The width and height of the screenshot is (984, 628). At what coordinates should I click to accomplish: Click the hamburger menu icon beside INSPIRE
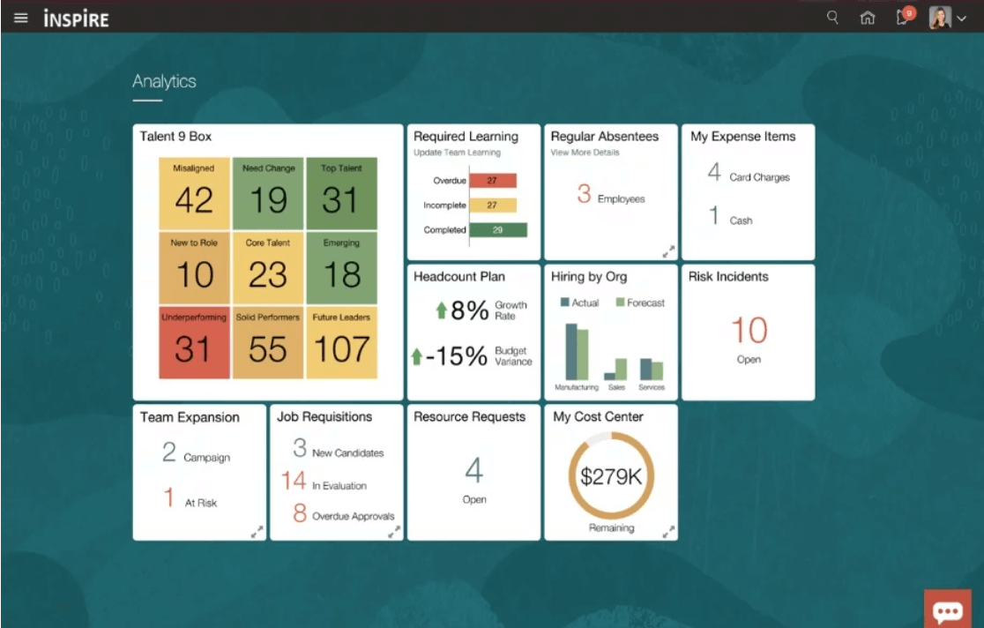click(21, 18)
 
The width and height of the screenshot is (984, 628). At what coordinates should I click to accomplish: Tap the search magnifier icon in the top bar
click(832, 17)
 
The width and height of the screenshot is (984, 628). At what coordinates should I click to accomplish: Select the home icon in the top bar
click(868, 18)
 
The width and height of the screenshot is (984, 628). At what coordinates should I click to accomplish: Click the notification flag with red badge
click(904, 17)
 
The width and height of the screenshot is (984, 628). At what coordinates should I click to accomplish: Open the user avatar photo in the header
click(940, 18)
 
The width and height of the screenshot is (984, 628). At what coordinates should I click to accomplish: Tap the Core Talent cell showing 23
click(268, 268)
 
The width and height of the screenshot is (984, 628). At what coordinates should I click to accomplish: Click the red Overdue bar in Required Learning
click(492, 181)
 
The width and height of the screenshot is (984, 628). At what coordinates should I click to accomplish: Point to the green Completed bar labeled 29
click(498, 230)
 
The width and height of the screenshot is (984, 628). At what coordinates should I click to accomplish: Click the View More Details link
click(585, 153)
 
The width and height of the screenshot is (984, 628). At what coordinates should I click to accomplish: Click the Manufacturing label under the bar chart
click(576, 387)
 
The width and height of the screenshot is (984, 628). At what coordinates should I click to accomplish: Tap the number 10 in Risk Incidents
click(749, 332)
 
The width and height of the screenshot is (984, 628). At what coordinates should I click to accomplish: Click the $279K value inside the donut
click(611, 477)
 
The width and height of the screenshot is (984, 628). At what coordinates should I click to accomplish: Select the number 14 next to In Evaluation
click(294, 482)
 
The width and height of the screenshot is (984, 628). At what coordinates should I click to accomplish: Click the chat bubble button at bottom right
click(948, 610)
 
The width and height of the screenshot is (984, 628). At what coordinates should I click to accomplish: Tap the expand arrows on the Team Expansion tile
click(257, 532)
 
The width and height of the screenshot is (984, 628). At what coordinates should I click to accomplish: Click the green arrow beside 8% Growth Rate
click(441, 310)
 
